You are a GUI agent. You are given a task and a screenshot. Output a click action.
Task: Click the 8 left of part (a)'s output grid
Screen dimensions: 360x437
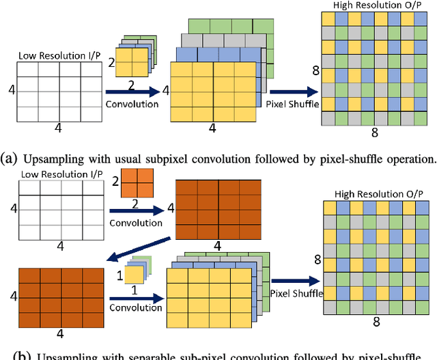(x=315, y=70)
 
